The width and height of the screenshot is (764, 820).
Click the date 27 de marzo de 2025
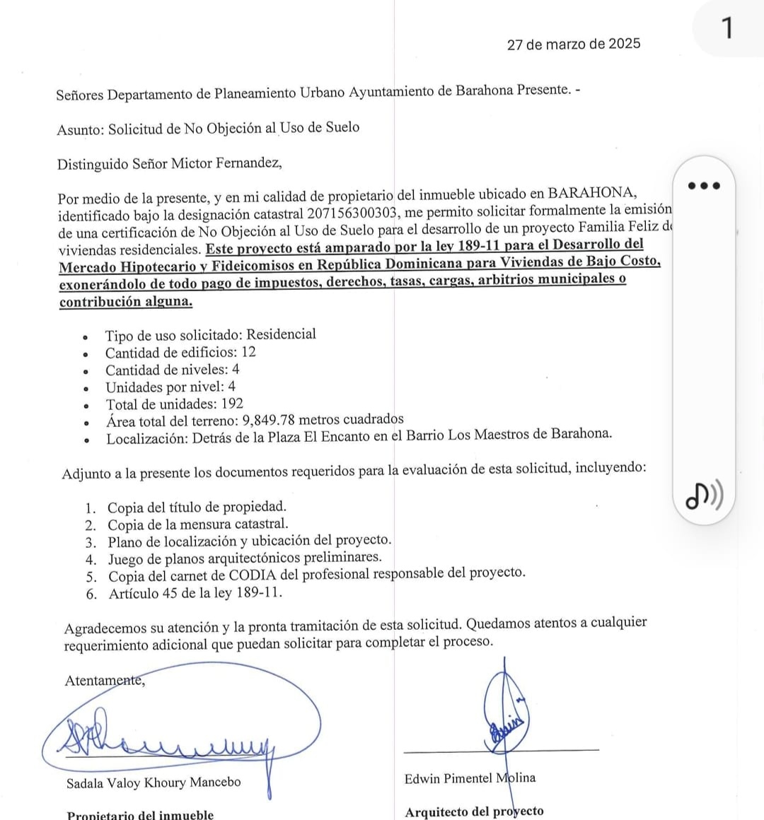[574, 44]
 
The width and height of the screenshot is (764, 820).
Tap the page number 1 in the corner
[727, 29]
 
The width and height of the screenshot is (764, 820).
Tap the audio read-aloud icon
[704, 496]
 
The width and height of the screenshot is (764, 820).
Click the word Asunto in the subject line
[80, 129]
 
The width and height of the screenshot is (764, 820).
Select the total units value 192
[231, 404]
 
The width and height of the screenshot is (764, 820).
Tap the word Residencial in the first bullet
[281, 334]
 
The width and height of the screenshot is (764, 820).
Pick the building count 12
[248, 352]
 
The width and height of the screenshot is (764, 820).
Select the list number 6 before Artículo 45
[91, 594]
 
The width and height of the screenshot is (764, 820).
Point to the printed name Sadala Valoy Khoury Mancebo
[154, 783]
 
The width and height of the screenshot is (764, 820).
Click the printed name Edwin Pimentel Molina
[470, 778]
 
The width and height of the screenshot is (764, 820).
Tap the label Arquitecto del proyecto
[474, 812]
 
